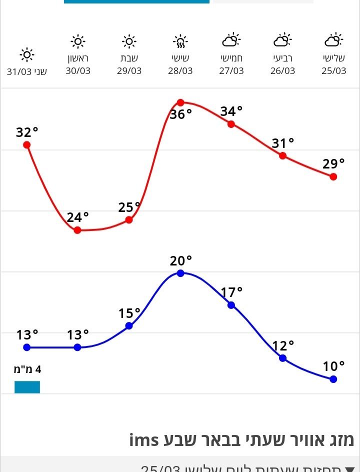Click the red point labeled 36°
180,103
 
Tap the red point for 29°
333,176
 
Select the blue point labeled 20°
180,273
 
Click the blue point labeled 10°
333,379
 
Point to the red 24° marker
77,230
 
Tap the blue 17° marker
231,305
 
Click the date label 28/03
180,71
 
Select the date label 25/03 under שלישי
333,71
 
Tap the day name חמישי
231,58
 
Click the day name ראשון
78,58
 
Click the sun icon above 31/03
26,54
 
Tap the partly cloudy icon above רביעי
282,39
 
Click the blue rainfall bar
27,387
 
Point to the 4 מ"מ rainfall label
27,370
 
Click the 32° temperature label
27,132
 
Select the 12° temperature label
283,345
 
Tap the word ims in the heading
144,440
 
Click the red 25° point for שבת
129,219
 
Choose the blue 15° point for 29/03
129,325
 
